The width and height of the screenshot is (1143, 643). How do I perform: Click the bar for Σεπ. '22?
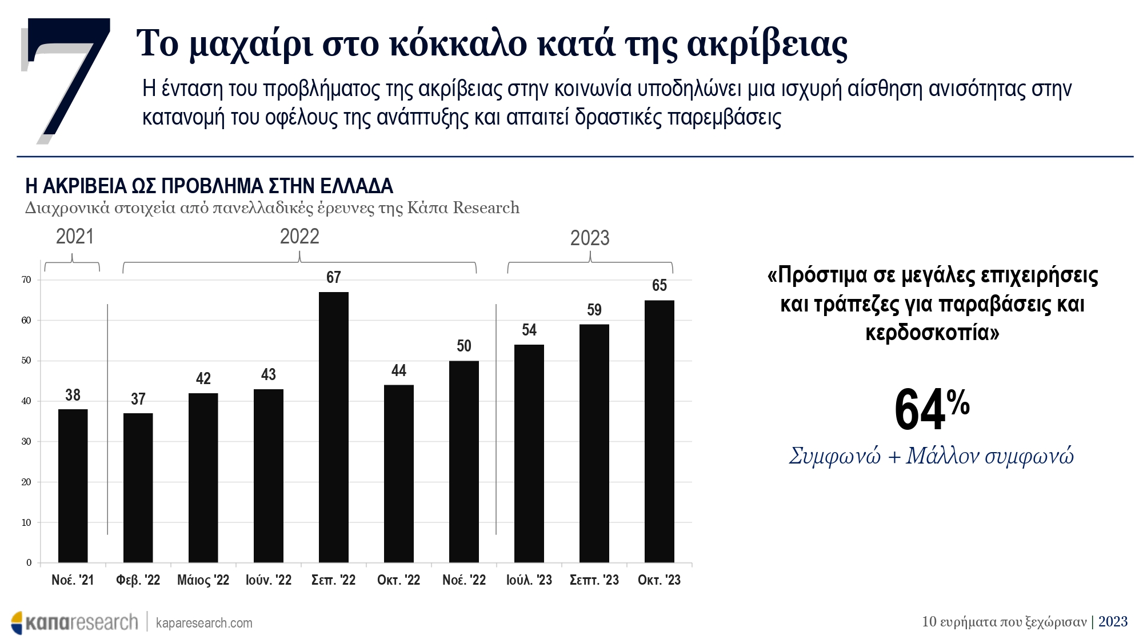coord(334,427)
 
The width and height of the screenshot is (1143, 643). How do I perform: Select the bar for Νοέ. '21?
coord(73,486)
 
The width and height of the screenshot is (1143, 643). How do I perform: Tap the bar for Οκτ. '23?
coord(660,431)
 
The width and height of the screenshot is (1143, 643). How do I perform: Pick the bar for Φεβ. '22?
coord(138,488)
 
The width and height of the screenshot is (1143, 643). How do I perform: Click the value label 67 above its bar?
coord(334,278)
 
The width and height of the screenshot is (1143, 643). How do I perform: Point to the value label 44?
coord(399,371)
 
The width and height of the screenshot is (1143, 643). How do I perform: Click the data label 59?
coord(594,310)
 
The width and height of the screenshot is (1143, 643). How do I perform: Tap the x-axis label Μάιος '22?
coord(203,580)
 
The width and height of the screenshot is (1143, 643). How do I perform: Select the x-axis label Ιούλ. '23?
coord(529,580)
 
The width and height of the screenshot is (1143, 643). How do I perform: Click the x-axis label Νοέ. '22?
coord(464,580)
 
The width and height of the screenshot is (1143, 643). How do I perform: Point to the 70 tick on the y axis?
coord(26,280)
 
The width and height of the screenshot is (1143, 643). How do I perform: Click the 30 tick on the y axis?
coord(26,442)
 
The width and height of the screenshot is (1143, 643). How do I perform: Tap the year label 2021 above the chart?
coord(75,237)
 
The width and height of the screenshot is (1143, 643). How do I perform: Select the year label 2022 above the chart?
coord(299,237)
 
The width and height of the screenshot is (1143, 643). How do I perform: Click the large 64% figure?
coord(932,409)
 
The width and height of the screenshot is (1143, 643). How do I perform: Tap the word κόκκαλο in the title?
coord(458,43)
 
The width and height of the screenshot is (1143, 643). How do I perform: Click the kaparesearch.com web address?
coord(204,623)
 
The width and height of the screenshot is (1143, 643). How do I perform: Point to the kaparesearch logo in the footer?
coord(74,622)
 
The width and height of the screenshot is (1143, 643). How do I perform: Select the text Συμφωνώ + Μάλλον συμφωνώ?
coord(932,456)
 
